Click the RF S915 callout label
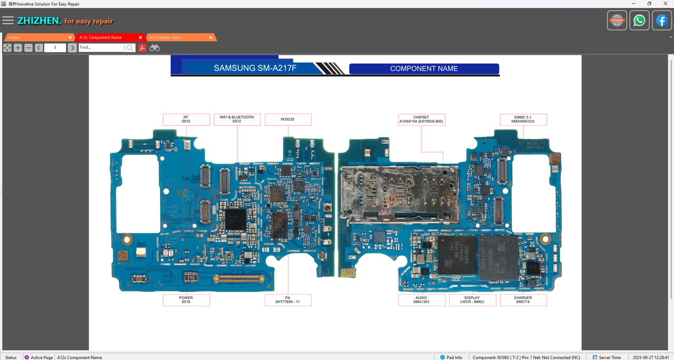[186, 119]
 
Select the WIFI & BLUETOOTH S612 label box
[237, 119]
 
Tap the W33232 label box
[288, 119]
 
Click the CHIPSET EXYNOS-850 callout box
[421, 119]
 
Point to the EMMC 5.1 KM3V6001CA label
[523, 119]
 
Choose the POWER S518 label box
[186, 300]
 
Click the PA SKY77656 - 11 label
[288, 300]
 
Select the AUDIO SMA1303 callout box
[421, 300]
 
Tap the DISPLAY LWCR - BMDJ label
[472, 300]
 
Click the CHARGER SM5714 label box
[523, 300]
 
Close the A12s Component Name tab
[141, 37]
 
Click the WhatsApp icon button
[639, 21]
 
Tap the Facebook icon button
[662, 21]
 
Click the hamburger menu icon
[8, 21]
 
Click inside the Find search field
[101, 48]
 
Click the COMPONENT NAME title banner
[424, 68]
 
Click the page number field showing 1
[55, 48]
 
